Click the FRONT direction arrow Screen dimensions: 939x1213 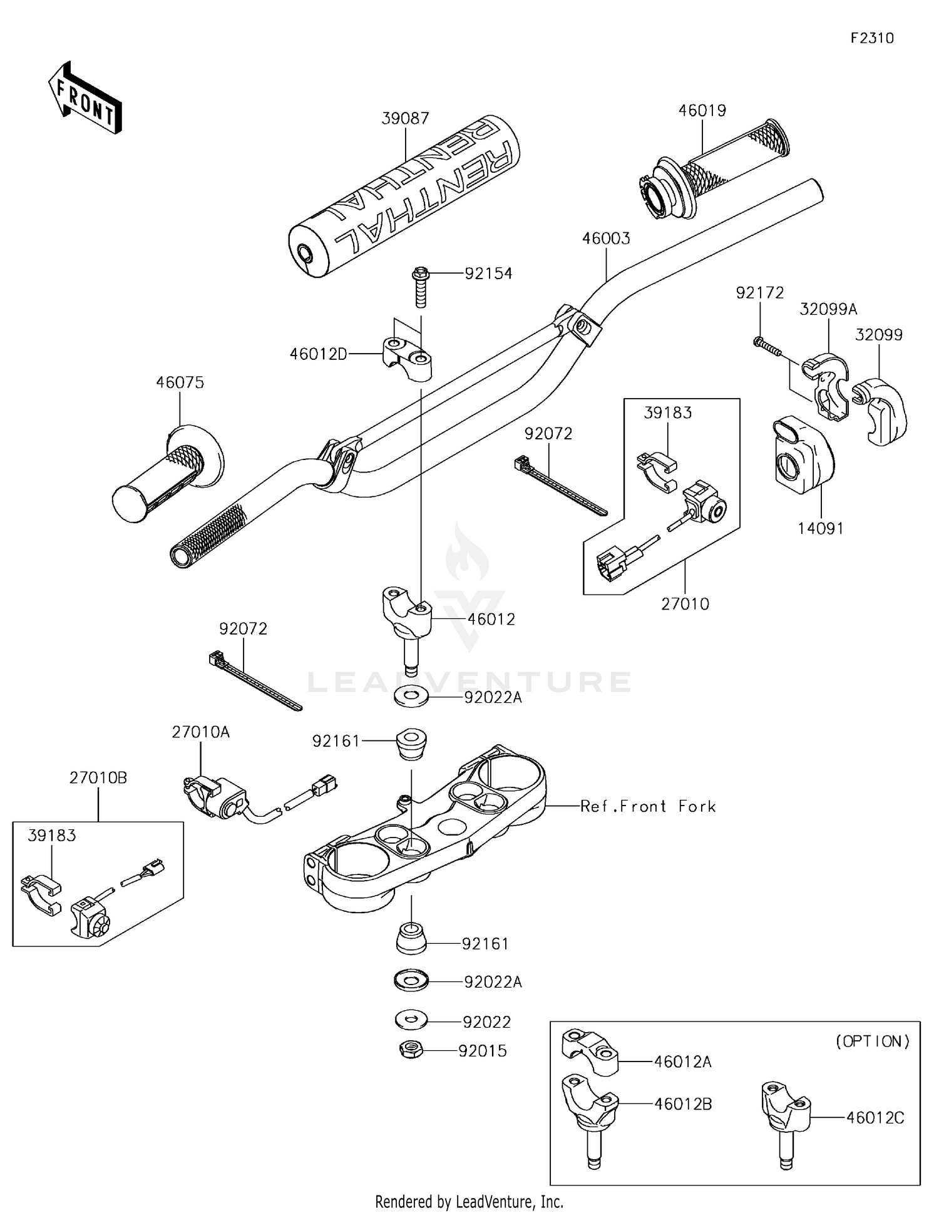pyautogui.click(x=85, y=98)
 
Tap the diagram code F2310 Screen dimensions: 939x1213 pyautogui.click(x=872, y=38)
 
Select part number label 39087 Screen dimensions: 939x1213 pyautogui.click(x=406, y=118)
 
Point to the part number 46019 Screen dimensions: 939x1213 pyautogui.click(x=702, y=111)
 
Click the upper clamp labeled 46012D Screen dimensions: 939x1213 pyautogui.click(x=408, y=359)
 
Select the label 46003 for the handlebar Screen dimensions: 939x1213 pyautogui.click(x=606, y=238)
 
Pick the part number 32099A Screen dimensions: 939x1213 pyautogui.click(x=828, y=309)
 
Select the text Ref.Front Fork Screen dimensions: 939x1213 pyautogui.click(x=648, y=806)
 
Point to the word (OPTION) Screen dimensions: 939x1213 pyautogui.click(x=873, y=1042)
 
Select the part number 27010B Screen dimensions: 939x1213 pyautogui.click(x=98, y=778)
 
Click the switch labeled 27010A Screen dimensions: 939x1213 pyautogui.click(x=216, y=797)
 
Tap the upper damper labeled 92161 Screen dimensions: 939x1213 pyautogui.click(x=411, y=744)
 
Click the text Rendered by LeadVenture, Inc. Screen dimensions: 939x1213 pyautogui.click(x=469, y=1202)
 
